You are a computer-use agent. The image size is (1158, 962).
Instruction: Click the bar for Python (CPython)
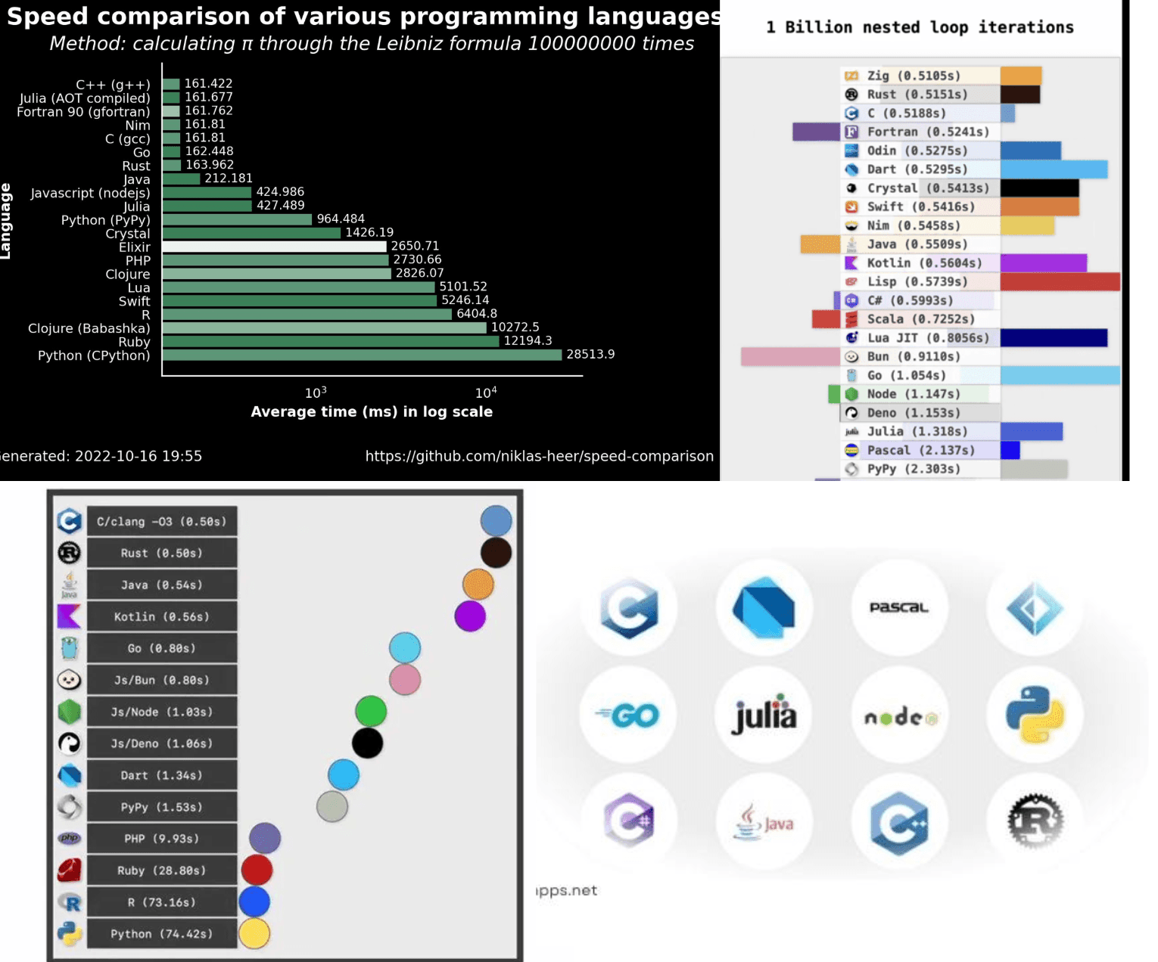[362, 355]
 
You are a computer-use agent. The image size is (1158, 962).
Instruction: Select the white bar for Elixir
[274, 247]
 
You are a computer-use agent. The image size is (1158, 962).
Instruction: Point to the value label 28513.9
[590, 355]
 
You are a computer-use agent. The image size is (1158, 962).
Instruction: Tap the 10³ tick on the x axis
[316, 393]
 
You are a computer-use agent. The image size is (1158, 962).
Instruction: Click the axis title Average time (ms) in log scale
[372, 412]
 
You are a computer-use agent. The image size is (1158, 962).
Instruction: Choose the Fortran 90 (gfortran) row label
[83, 112]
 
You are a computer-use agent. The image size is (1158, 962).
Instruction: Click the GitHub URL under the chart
[539, 456]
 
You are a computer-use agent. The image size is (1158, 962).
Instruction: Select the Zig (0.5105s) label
[913, 76]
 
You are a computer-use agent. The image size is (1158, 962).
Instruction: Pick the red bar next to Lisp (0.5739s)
[1060, 282]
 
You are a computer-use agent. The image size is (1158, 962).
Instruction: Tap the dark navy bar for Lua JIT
[1054, 338]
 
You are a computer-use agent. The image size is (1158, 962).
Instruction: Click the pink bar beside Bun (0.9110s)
[790, 357]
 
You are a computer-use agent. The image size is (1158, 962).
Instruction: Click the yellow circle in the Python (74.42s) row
[254, 933]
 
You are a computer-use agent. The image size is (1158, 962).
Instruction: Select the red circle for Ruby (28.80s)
[257, 870]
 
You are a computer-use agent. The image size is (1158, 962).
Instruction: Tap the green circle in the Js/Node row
[371, 711]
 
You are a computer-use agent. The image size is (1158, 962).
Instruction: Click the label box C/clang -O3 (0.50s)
[162, 522]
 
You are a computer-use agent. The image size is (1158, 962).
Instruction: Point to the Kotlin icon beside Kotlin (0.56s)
[69, 616]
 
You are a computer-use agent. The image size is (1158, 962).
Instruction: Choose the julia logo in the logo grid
[764, 715]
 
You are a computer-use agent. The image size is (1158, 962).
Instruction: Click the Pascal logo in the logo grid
[898, 608]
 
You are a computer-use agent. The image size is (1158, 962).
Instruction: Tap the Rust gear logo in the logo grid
[1035, 821]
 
